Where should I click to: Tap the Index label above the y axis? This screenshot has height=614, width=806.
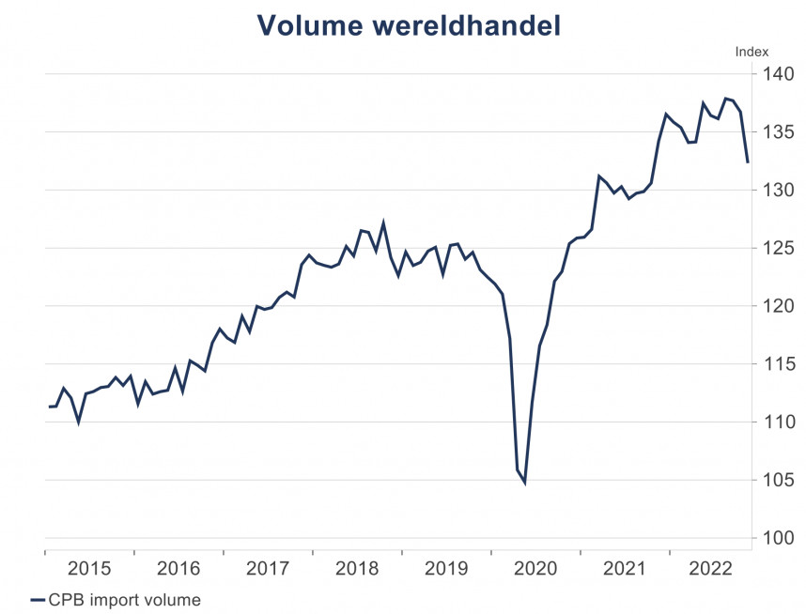point(752,53)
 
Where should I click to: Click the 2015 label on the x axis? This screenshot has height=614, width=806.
point(89,568)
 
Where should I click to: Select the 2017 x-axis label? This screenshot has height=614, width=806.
point(267,568)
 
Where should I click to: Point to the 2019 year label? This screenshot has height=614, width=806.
point(445,568)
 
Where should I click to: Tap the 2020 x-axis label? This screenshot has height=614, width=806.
point(535,568)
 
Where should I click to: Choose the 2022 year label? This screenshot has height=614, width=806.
point(710,568)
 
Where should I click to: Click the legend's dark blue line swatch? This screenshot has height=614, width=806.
point(38,599)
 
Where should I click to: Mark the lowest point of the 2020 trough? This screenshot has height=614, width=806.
point(524,483)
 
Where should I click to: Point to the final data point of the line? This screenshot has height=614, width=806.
point(748,162)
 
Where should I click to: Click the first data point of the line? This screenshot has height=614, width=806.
point(48,407)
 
